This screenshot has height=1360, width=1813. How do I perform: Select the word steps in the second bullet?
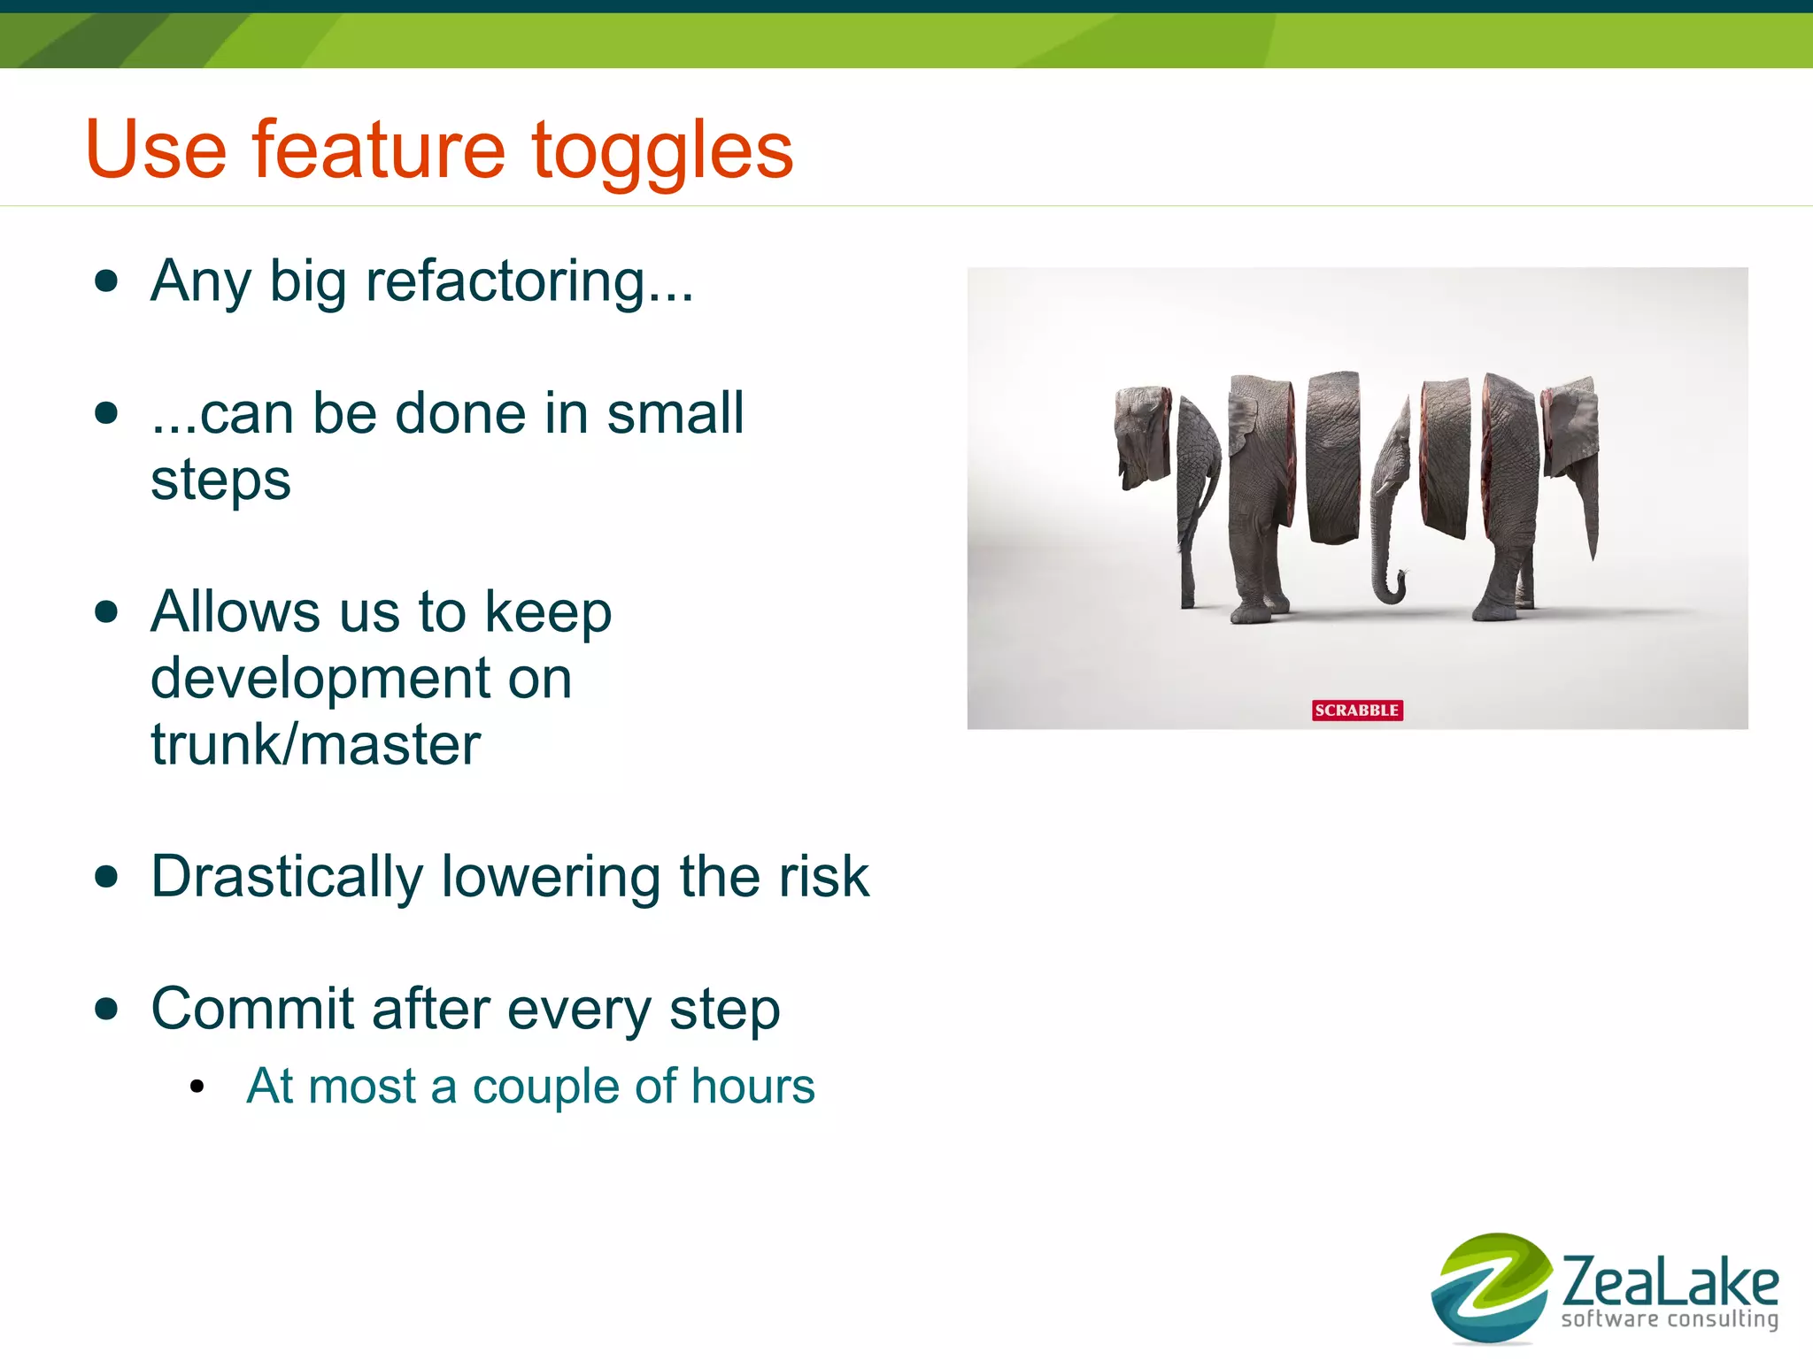(x=220, y=480)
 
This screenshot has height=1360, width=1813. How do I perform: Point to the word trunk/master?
(x=315, y=744)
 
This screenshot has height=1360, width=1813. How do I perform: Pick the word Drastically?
(x=287, y=877)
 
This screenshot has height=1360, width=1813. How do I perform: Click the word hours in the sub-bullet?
(x=752, y=1086)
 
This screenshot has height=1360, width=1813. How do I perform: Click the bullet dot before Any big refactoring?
(x=106, y=281)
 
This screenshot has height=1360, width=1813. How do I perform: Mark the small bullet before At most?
(x=197, y=1087)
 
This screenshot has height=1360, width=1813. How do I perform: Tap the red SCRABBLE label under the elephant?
(x=1356, y=710)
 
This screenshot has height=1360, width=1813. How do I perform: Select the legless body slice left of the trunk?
(x=1333, y=456)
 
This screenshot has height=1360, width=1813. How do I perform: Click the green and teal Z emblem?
(x=1491, y=1287)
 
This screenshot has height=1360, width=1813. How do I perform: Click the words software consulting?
(x=1670, y=1319)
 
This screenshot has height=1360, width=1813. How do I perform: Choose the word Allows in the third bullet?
(x=235, y=612)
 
